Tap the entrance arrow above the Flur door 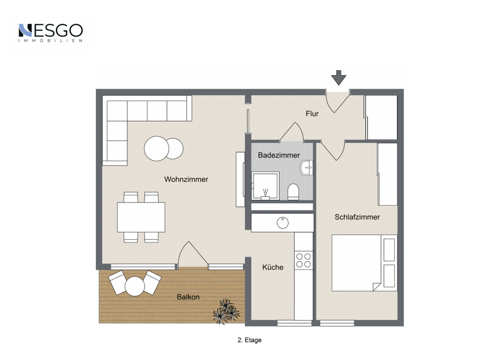(338, 78)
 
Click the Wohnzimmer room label (186, 179)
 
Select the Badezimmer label (279, 156)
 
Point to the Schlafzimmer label (357, 217)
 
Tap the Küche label (272, 267)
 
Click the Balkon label (188, 297)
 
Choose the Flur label (312, 114)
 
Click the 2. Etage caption (249, 340)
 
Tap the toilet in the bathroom (293, 192)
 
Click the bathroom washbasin (307, 167)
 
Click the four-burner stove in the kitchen (303, 260)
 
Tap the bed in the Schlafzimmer (363, 262)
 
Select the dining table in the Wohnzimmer (141, 217)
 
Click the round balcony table (135, 286)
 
